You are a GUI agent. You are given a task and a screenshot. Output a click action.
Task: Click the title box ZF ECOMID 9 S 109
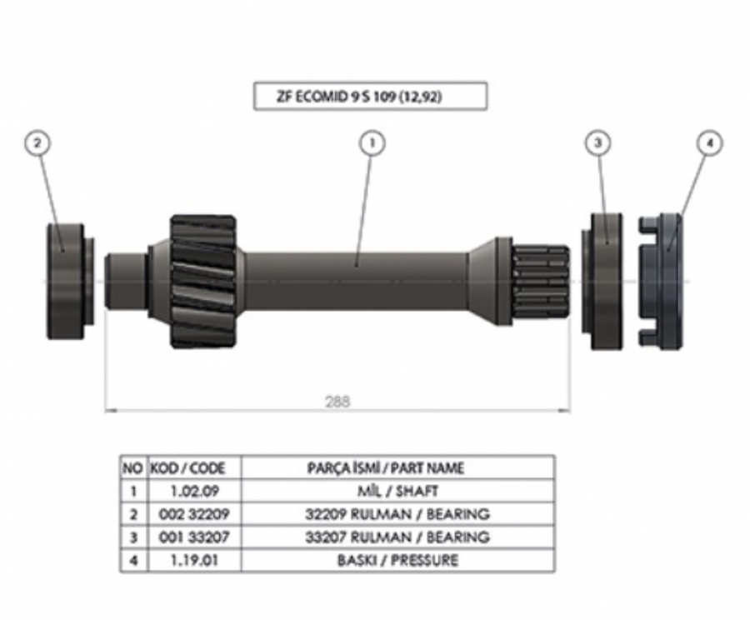[x=369, y=96]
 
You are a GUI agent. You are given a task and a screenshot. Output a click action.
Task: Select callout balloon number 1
[x=372, y=143]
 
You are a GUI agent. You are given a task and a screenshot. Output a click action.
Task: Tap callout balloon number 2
[x=37, y=143]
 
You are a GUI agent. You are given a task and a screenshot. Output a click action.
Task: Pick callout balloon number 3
[x=597, y=143]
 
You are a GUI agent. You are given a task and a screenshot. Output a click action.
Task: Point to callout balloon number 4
[x=710, y=143]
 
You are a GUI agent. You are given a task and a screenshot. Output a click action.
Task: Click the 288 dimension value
[x=337, y=401]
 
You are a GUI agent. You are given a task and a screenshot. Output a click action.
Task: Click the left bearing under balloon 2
[x=68, y=280]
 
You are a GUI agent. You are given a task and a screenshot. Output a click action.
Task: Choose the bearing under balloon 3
[x=606, y=280]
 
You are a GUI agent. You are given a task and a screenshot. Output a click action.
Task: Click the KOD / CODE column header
[x=187, y=467]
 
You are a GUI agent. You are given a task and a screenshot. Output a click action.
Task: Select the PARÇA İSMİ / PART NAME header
[x=397, y=467]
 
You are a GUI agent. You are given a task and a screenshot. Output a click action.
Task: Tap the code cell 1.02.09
[x=187, y=491]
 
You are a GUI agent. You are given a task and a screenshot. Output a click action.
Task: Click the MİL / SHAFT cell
[x=397, y=491]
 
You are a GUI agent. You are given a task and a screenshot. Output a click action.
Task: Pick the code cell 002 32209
[x=187, y=514]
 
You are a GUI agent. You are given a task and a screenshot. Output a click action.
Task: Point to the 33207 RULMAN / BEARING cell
[x=397, y=537]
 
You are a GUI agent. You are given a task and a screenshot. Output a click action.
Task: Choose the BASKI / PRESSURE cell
[x=397, y=560]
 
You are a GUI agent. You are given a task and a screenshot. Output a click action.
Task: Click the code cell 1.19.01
[x=187, y=560]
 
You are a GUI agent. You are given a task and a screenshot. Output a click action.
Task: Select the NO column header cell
[x=132, y=467]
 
